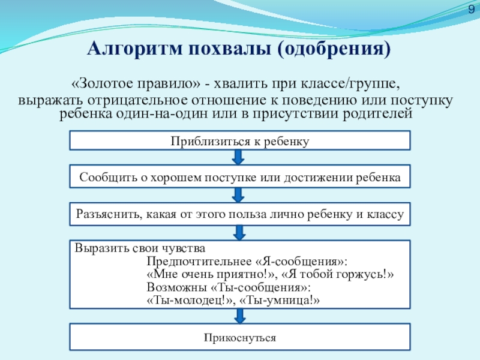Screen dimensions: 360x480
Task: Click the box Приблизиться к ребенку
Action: click(240, 141)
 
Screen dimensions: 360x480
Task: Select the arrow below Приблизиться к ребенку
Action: click(238, 157)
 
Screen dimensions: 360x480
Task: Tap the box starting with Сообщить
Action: click(240, 178)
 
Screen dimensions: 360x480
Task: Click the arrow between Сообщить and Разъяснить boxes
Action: click(238, 194)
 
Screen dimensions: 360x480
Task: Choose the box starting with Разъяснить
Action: click(240, 214)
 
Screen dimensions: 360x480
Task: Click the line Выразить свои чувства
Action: click(140, 248)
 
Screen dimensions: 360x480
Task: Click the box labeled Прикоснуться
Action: click(240, 338)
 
